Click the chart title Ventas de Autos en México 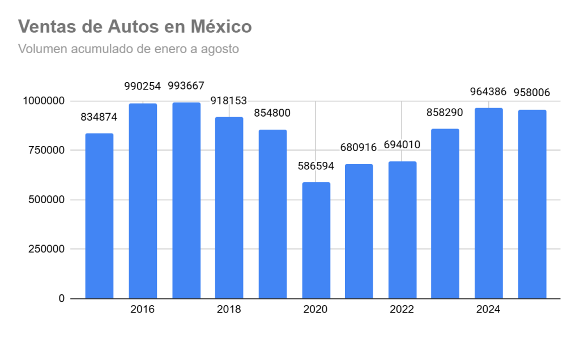(x=135, y=27)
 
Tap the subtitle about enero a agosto (x=129, y=49)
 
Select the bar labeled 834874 (x=99, y=216)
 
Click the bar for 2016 (x=143, y=201)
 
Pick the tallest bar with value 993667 (x=186, y=200)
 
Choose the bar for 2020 (x=316, y=240)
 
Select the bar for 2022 (x=402, y=230)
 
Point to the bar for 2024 (x=488, y=203)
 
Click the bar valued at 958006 (x=532, y=204)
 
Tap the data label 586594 (x=316, y=166)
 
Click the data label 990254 (x=143, y=87)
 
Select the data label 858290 (x=445, y=113)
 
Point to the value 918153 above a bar (x=229, y=101)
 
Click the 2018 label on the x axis (x=229, y=310)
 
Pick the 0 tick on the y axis (x=61, y=298)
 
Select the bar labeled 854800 (x=273, y=214)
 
